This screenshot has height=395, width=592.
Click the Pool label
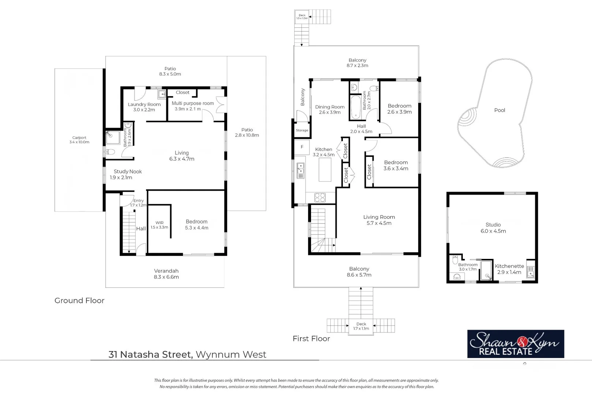[x=499, y=110]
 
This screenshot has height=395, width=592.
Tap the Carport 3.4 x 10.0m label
[x=79, y=140]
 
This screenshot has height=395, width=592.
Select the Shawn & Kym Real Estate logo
[x=515, y=344]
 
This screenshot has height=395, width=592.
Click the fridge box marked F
[x=302, y=147]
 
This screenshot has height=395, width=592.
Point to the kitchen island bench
[x=325, y=170]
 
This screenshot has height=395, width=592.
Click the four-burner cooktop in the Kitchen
[x=320, y=197]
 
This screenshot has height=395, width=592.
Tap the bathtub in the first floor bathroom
[x=355, y=107]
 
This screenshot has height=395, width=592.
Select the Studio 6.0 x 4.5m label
[x=493, y=228]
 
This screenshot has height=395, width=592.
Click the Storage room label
[x=302, y=130]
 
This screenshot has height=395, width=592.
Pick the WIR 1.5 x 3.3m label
[x=160, y=225]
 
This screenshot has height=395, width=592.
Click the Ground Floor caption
[x=79, y=301]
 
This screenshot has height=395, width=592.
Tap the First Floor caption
[x=311, y=339]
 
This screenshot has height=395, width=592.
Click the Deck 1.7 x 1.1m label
[x=361, y=326]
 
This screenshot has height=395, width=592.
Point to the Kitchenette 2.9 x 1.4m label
[x=509, y=269]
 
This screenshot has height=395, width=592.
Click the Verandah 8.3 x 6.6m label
[x=166, y=274]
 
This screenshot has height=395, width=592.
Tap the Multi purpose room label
[x=192, y=106]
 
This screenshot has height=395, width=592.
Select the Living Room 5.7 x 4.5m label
[x=379, y=220]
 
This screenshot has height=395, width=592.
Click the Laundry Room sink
[x=162, y=95]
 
